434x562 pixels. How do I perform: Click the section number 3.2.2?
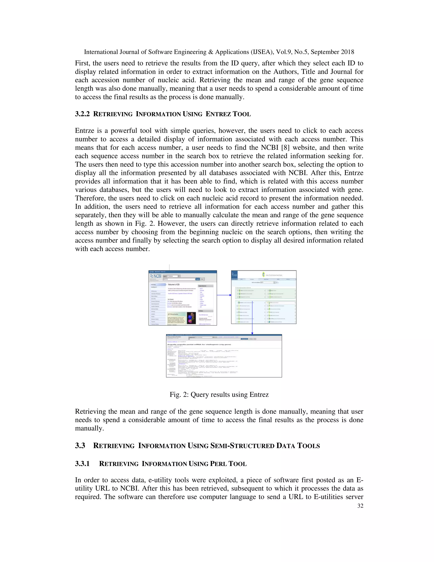pyautogui.click(x=82, y=114)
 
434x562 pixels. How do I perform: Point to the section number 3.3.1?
pyautogui.click(x=82, y=464)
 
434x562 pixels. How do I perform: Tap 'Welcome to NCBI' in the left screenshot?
pyautogui.click(x=174, y=285)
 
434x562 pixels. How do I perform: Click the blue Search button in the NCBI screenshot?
pyautogui.click(x=198, y=279)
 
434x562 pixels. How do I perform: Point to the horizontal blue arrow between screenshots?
pyautogui.click(x=224, y=295)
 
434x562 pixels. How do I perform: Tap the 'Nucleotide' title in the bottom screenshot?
pyautogui.click(x=174, y=337)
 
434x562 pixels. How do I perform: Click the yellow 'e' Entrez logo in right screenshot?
pyautogui.click(x=264, y=275)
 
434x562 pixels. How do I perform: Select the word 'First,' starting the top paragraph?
pyautogui.click(x=82, y=63)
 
